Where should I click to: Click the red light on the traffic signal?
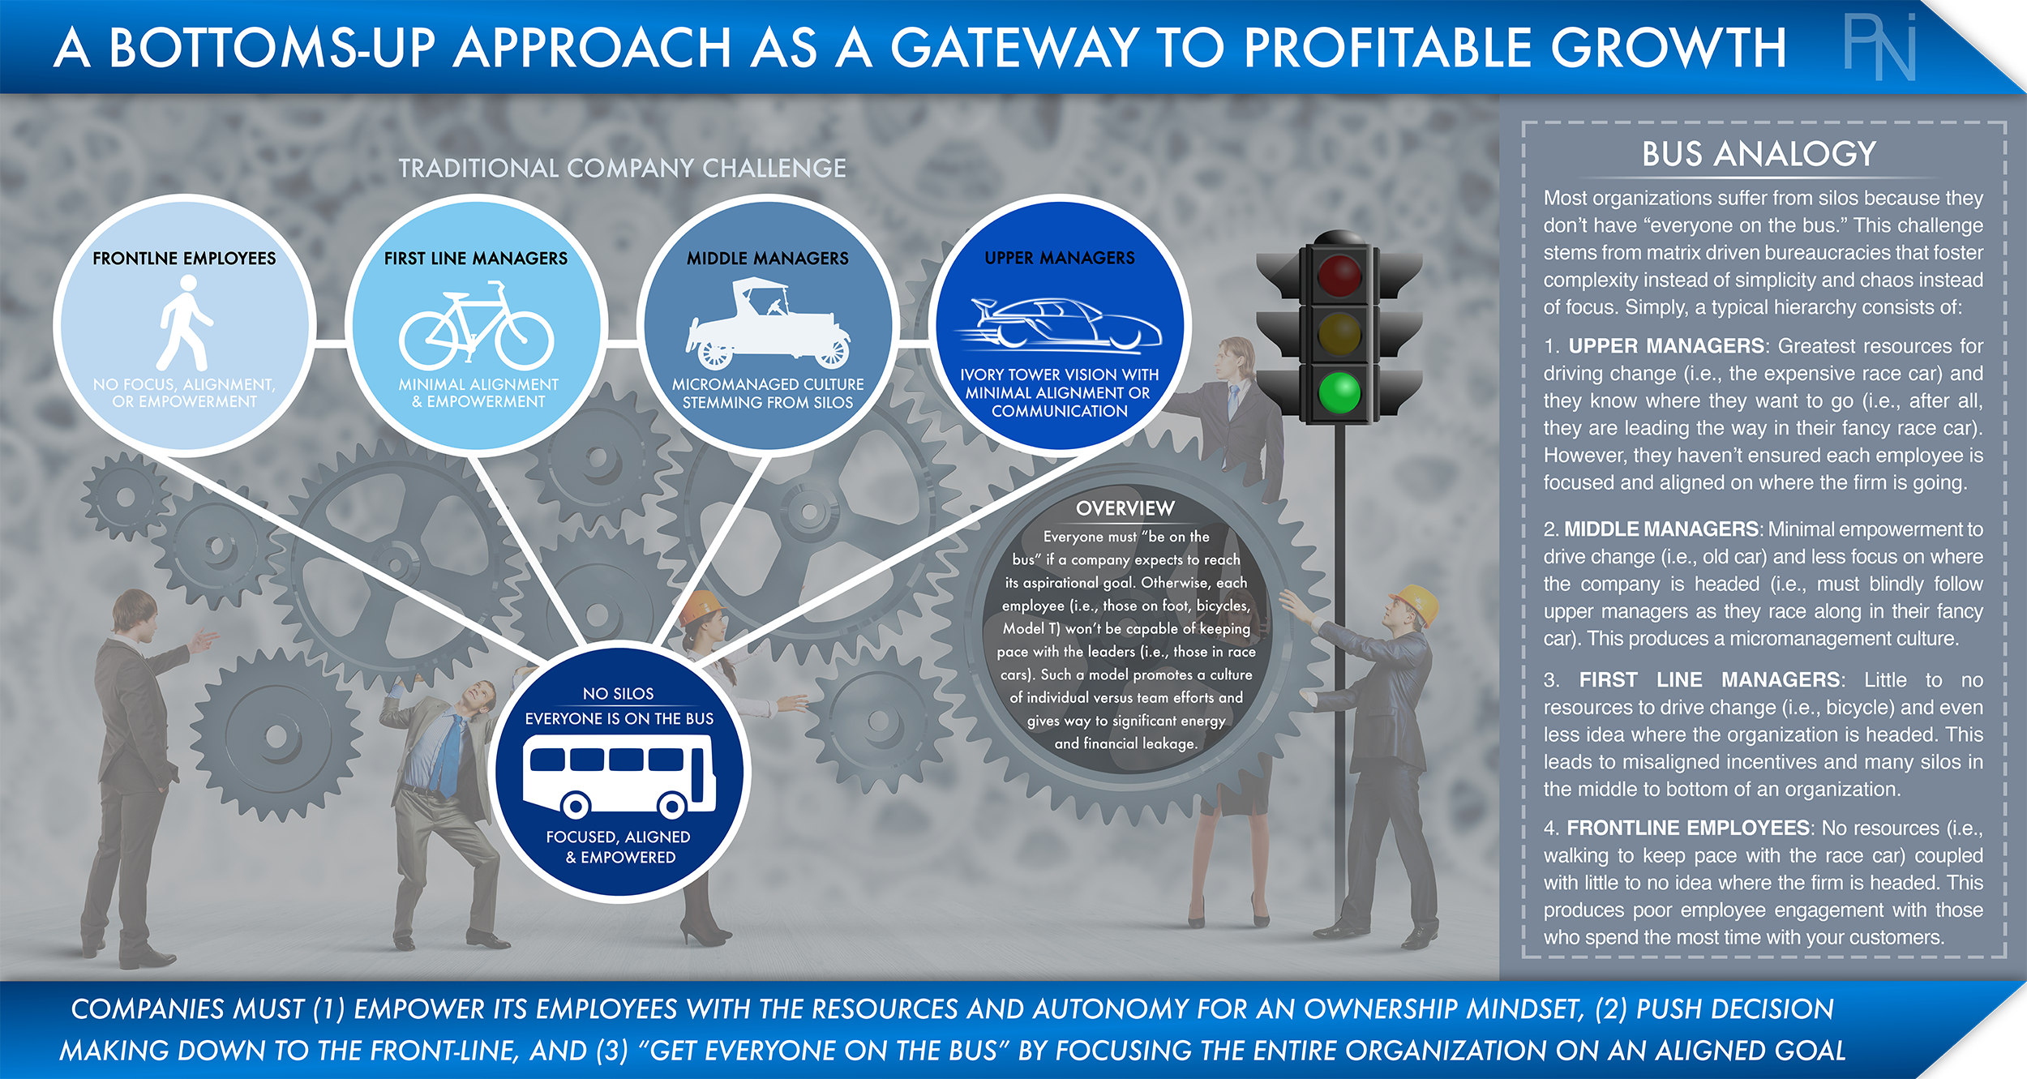click(x=1339, y=274)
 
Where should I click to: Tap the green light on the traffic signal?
click(x=1339, y=392)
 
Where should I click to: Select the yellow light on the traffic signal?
click(x=1339, y=333)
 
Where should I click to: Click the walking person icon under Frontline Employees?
click(x=185, y=323)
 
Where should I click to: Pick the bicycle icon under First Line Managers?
click(x=477, y=326)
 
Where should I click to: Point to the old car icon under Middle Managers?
click(x=768, y=323)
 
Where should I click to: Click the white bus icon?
click(x=619, y=774)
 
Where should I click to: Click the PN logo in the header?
click(x=1880, y=46)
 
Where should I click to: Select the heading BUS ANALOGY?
click(x=1759, y=153)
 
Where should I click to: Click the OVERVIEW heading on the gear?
click(x=1125, y=508)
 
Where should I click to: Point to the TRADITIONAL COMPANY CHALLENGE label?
click(x=622, y=168)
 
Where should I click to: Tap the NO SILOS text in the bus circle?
click(x=618, y=693)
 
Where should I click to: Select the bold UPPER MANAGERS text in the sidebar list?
click(x=1666, y=346)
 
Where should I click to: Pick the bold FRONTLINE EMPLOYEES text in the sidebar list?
click(x=1688, y=828)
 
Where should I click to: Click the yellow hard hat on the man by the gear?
click(x=1415, y=603)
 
